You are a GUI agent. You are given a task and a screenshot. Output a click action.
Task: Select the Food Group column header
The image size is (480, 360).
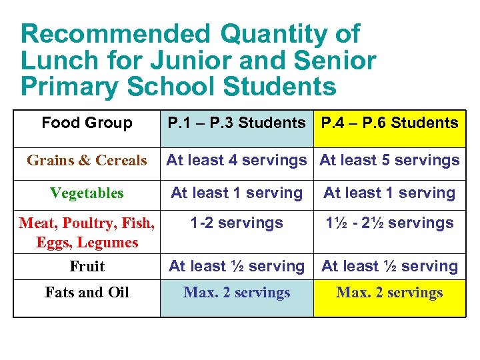(x=87, y=123)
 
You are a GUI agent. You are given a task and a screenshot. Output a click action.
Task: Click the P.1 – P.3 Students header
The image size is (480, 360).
(x=236, y=123)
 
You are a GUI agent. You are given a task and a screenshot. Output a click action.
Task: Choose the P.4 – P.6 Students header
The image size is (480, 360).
(x=389, y=123)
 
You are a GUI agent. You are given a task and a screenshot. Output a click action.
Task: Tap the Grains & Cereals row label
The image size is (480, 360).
(x=87, y=160)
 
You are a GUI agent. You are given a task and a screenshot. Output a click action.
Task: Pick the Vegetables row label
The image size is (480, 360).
(x=87, y=193)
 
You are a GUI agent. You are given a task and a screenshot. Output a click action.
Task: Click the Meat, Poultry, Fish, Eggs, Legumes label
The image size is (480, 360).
(x=87, y=232)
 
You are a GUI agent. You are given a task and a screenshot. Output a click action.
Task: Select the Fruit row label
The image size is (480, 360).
(x=87, y=267)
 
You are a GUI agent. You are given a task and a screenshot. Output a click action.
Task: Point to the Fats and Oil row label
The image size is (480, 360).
(x=87, y=292)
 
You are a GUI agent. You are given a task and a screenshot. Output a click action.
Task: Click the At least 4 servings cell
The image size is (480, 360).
(x=236, y=160)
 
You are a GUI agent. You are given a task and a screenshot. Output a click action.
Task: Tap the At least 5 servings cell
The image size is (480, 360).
(x=389, y=160)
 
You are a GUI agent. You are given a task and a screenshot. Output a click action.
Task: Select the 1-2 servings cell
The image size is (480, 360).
(x=236, y=223)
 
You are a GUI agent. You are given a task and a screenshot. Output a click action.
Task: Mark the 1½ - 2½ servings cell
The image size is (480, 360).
(x=389, y=223)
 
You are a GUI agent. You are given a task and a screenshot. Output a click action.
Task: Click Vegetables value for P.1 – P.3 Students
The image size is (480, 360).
(x=236, y=193)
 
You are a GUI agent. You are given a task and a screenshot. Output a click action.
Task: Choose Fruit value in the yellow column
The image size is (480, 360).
(x=389, y=266)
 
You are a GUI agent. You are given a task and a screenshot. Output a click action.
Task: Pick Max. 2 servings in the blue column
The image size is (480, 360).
(x=236, y=292)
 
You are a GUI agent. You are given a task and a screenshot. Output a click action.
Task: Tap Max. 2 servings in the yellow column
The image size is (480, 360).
(x=389, y=292)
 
